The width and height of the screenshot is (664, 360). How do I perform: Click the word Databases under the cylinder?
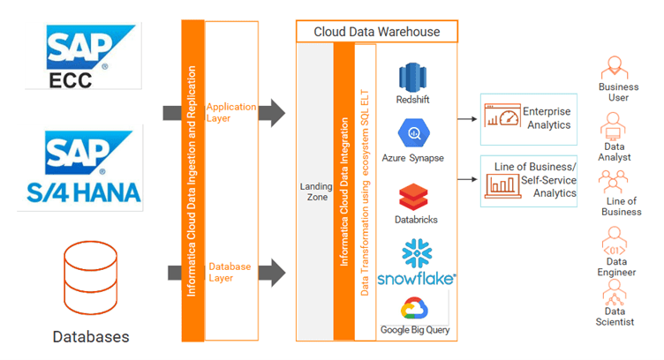[x=90, y=336]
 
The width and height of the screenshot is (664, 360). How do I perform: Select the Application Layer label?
[x=231, y=112]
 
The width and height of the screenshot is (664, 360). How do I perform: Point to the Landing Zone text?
[x=315, y=191]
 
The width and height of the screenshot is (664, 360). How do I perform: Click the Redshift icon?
[x=412, y=77]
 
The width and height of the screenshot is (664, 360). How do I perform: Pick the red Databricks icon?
[x=412, y=196]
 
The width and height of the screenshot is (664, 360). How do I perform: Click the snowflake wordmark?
[x=416, y=278]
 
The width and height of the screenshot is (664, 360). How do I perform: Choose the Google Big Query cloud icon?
[x=413, y=309]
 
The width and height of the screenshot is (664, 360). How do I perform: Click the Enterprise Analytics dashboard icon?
[x=502, y=117]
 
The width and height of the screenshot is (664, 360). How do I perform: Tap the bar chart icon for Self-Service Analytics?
[x=502, y=184]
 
